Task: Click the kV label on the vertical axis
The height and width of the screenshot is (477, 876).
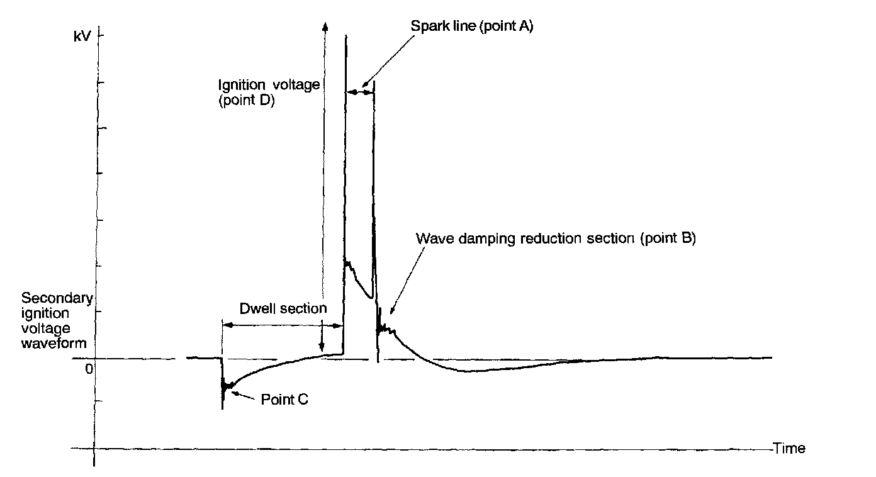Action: [82, 36]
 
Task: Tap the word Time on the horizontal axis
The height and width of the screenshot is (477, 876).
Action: [789, 449]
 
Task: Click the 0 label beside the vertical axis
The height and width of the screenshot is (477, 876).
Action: [89, 368]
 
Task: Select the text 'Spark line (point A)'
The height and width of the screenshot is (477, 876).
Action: [472, 27]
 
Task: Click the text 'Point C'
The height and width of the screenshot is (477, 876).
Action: [284, 399]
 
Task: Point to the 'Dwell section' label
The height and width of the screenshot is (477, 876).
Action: [283, 309]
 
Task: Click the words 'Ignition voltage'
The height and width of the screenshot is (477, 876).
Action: [269, 84]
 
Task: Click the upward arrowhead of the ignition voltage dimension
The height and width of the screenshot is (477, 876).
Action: [325, 25]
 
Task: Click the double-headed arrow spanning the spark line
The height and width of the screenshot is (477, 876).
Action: [360, 92]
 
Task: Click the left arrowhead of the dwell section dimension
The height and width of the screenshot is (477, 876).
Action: [227, 325]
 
